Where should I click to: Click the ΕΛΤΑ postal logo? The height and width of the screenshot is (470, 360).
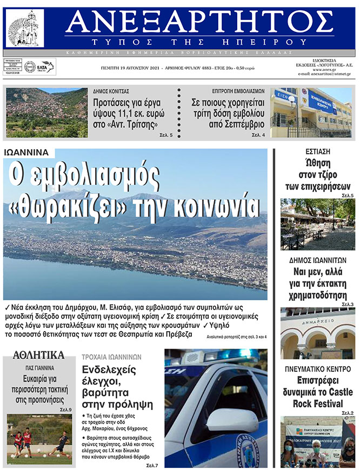(x=46, y=67)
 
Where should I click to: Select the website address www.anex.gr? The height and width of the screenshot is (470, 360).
(x=324, y=69)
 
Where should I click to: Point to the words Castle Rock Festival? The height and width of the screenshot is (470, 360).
(x=317, y=398)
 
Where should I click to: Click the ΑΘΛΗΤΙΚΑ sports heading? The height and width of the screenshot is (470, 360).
(x=39, y=355)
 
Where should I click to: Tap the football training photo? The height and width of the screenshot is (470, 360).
(x=39, y=440)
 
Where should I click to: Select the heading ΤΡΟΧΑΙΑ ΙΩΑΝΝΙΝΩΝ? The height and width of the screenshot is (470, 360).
(x=111, y=357)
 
